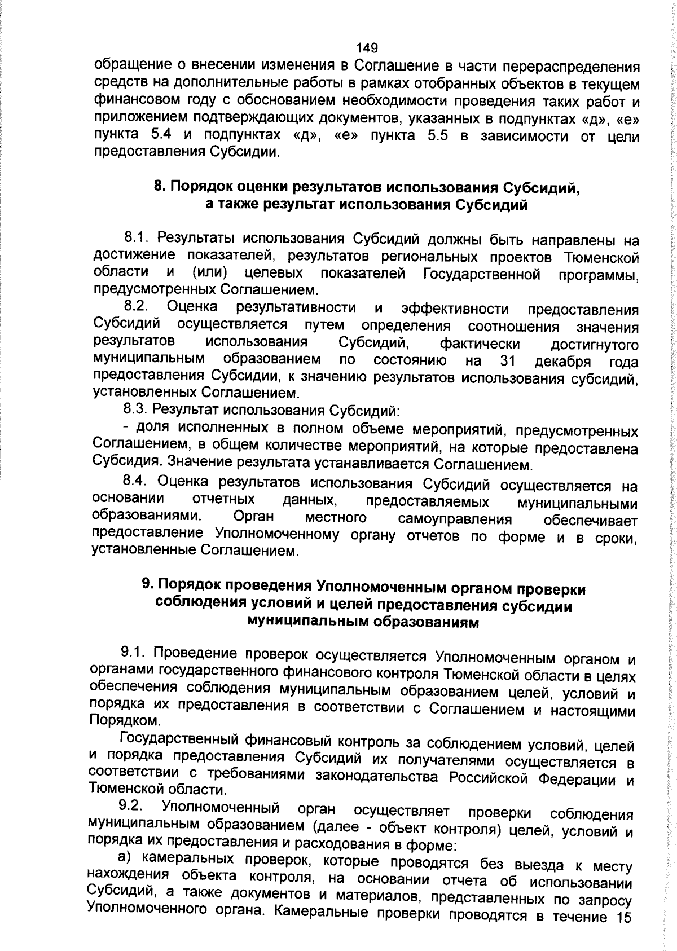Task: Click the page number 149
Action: pos(367,48)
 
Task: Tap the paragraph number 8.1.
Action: pos(136,240)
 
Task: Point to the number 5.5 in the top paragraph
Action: pos(433,135)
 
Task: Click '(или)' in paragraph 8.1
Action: pos(210,273)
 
